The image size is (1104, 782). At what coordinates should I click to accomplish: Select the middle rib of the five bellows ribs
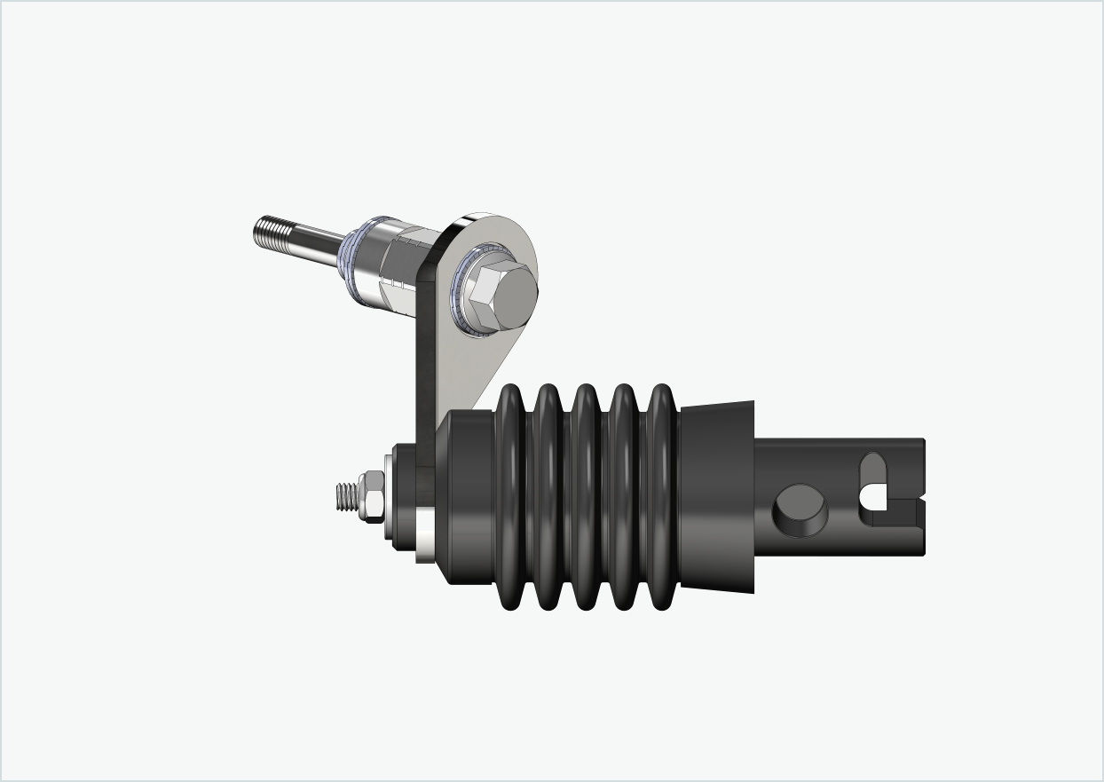(x=586, y=497)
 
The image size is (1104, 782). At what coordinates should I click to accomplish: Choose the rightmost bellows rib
(x=661, y=497)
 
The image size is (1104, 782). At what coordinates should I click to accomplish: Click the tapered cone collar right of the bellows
(x=717, y=497)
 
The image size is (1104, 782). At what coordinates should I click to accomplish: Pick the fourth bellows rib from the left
(x=623, y=497)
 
